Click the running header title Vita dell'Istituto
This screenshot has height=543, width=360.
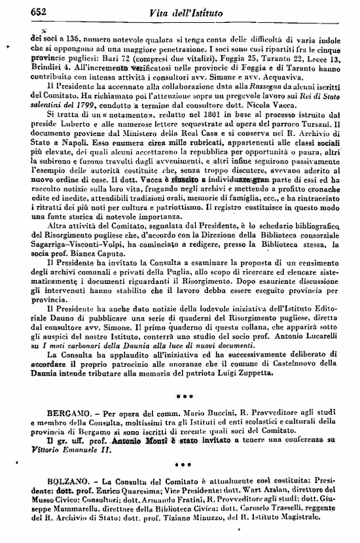[x=185, y=12]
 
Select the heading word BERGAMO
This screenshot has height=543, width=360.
[x=68, y=415]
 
